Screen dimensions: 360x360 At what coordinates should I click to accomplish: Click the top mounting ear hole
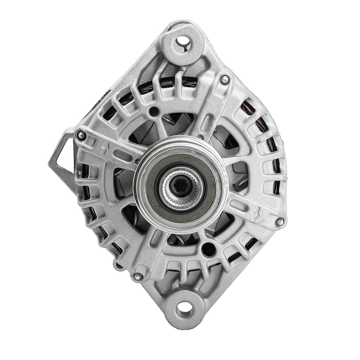182,41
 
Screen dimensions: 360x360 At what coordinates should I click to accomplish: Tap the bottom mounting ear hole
184,309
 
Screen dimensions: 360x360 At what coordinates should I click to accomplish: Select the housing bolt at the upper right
225,80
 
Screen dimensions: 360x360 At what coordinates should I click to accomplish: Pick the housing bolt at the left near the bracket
81,135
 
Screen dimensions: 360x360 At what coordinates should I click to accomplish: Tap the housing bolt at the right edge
279,221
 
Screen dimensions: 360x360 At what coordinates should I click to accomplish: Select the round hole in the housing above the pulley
154,111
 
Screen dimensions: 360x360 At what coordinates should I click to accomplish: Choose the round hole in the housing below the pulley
208,249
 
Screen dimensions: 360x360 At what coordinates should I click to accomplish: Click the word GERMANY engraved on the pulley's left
153,198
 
